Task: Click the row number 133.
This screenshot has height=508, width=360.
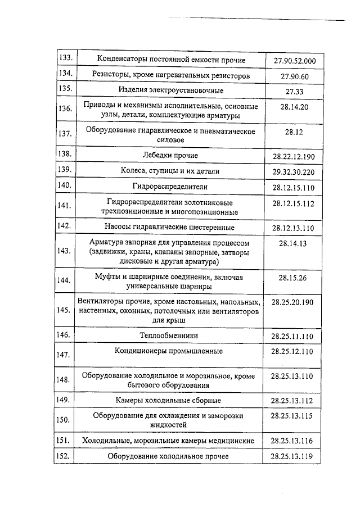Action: (x=66, y=58)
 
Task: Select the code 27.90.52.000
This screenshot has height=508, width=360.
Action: (x=294, y=61)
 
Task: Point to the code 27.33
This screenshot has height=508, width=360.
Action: (x=294, y=91)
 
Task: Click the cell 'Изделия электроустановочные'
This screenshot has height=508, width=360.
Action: (x=170, y=90)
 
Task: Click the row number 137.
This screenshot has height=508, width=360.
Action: (x=66, y=134)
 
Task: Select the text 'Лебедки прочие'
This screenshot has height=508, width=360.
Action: (x=170, y=155)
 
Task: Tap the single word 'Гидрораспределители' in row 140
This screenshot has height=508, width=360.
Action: (x=170, y=186)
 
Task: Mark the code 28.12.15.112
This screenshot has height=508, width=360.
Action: (x=294, y=203)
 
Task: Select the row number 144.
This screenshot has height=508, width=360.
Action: (x=66, y=280)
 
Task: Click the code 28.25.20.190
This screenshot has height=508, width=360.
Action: (x=293, y=302)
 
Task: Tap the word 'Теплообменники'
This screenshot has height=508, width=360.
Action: (x=170, y=335)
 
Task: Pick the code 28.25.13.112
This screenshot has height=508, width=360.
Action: (x=293, y=401)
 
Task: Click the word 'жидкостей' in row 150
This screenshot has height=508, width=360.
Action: (x=170, y=425)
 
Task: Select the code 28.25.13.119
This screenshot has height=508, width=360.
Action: (x=292, y=456)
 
